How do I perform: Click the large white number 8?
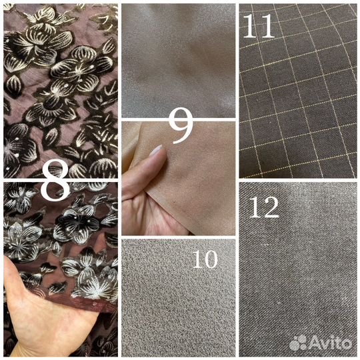coord(55,181)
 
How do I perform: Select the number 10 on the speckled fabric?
coord(205,259)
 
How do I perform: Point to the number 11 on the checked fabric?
coord(259,25)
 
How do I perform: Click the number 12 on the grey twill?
coord(264,207)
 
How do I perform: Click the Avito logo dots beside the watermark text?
coord(298,343)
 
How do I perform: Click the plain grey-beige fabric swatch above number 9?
coord(179,61)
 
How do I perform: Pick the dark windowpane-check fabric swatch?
coord(298,91)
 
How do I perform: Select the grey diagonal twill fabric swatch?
coord(298,269)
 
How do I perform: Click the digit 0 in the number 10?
coord(210,259)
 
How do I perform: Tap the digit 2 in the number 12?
coord(271,207)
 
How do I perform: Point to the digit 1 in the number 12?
coord(254,207)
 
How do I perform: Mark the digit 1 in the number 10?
coord(197,259)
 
